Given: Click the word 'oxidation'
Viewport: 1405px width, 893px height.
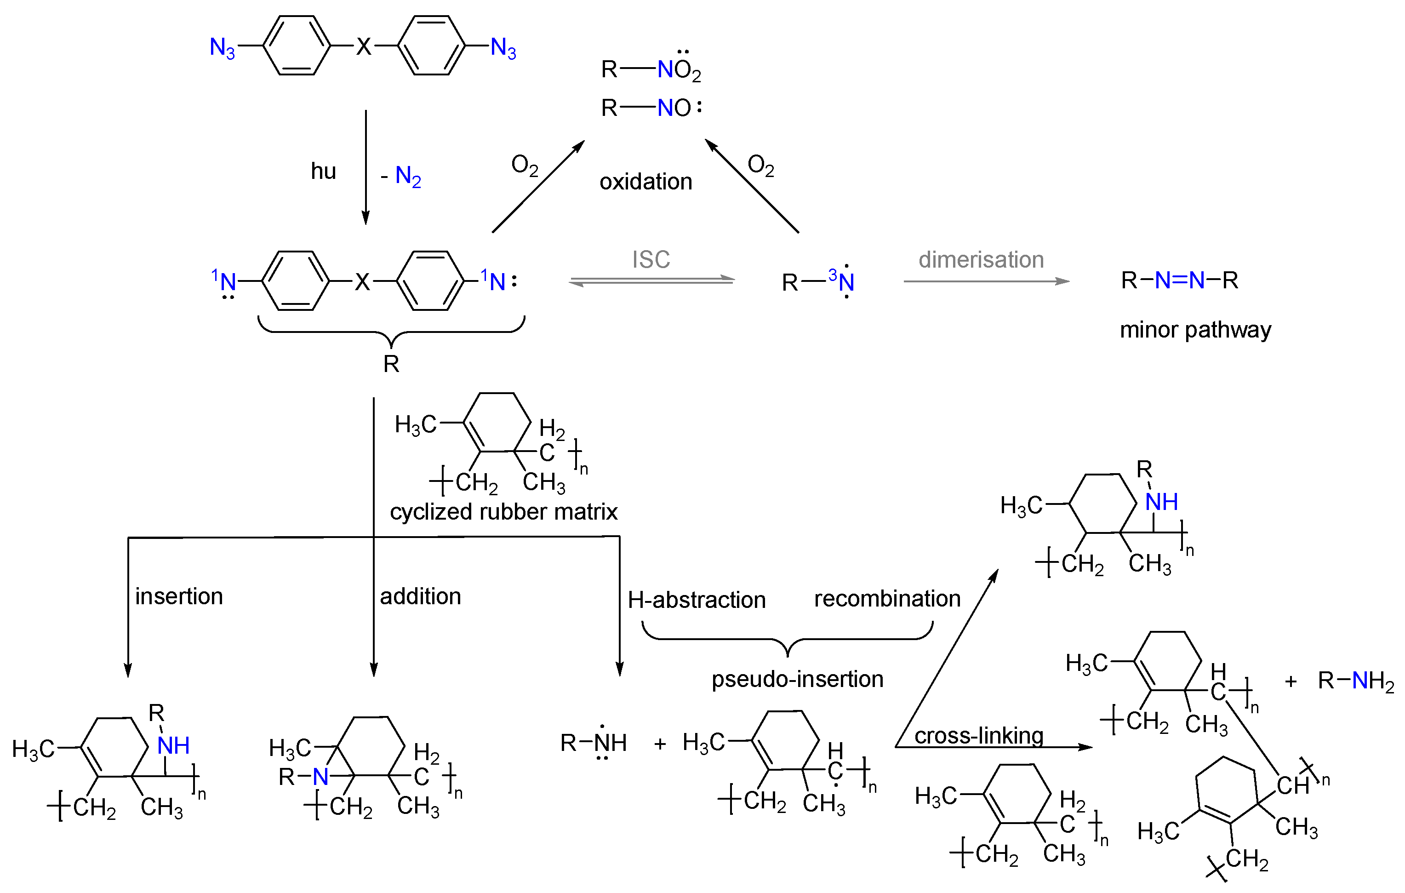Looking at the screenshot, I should click(x=645, y=182).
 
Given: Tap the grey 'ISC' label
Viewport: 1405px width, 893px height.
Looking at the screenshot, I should click(x=651, y=260).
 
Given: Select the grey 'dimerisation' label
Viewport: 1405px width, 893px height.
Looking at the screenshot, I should click(x=981, y=260).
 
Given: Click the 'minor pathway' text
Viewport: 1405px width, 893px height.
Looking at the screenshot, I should click(x=1195, y=330).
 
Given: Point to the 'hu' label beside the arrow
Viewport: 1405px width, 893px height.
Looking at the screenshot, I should click(x=323, y=172).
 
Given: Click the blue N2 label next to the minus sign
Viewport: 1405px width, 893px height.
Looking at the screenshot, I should click(x=408, y=176).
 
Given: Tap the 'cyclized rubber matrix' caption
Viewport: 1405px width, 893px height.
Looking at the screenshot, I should click(x=503, y=512).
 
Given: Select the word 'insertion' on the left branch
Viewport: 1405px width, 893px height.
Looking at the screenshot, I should click(x=179, y=596).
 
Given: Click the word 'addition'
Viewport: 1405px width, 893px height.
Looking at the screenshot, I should click(x=420, y=596).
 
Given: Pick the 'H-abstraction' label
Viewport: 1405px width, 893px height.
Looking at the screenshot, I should click(x=696, y=600).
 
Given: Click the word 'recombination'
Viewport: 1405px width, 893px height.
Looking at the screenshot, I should click(x=887, y=599).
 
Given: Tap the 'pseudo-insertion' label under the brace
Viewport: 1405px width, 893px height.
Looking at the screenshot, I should click(x=797, y=679).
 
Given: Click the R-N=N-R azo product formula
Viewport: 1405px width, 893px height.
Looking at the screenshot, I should click(x=1179, y=281).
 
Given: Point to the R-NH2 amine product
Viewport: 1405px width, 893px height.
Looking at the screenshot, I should click(x=1355, y=681).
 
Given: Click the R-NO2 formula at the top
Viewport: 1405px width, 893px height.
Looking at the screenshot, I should click(x=651, y=69).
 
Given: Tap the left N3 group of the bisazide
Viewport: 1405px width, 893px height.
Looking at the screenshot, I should click(x=223, y=47).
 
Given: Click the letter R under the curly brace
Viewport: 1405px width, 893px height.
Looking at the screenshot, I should click(x=391, y=364).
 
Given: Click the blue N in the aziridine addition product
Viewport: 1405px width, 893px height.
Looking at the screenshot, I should click(x=320, y=777).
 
